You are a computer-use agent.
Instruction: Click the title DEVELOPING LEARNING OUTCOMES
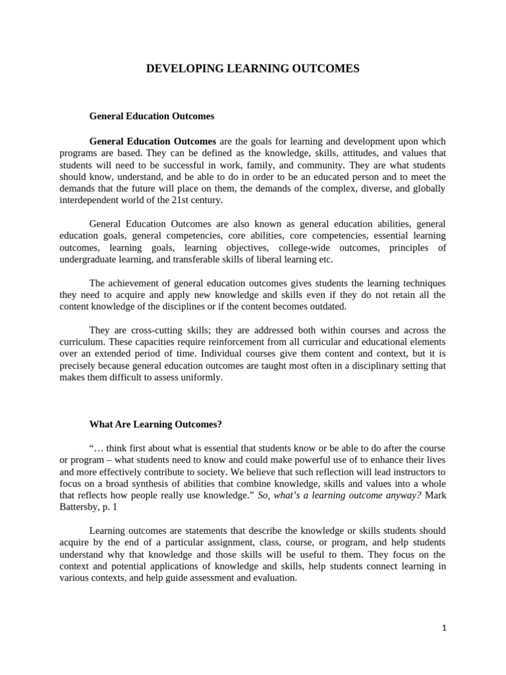click(x=253, y=68)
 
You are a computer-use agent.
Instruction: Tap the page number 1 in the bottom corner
click(x=444, y=628)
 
